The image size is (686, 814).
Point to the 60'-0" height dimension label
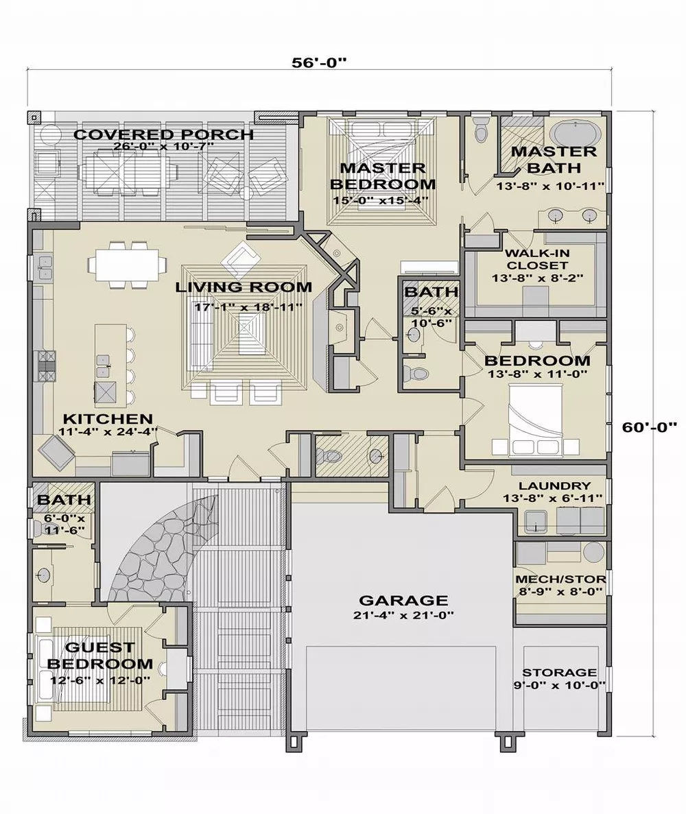tap(652, 427)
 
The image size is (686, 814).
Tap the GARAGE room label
tap(403, 600)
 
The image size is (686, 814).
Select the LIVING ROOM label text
tap(244, 287)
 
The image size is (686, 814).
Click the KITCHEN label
tap(108, 418)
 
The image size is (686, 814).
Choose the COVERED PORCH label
tap(163, 134)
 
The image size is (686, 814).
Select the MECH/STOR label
tap(560, 579)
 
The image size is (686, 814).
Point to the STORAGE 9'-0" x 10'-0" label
tap(559, 678)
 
